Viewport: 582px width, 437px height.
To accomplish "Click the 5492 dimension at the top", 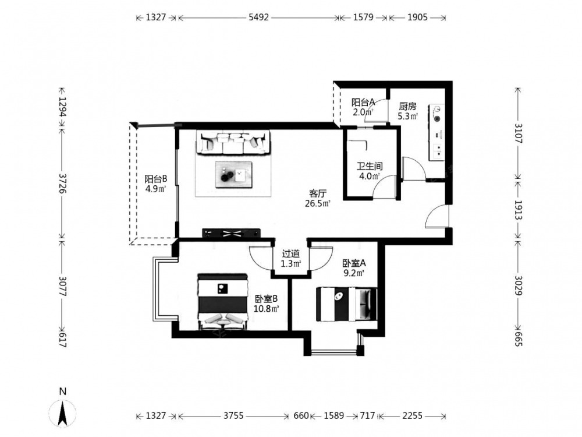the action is (x=258, y=17).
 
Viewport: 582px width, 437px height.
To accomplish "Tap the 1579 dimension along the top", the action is (x=363, y=17).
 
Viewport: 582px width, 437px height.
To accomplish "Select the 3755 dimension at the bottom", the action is (x=233, y=415).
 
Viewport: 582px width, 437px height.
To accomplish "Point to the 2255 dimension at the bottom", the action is (x=412, y=415).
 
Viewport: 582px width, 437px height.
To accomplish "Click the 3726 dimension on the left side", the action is (x=62, y=183).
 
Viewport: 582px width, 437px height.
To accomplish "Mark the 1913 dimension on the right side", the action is (x=518, y=210).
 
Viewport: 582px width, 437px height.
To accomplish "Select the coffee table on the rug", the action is (x=234, y=174).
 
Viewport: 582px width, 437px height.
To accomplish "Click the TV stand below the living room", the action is (x=231, y=234).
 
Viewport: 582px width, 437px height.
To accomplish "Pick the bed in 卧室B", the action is (x=222, y=302).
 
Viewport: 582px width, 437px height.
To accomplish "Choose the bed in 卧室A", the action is (x=346, y=304).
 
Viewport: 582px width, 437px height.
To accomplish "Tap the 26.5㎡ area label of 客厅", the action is (x=318, y=203).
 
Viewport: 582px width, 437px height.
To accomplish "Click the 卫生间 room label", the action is (x=370, y=166).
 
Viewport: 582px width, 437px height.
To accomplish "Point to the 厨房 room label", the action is (x=407, y=107).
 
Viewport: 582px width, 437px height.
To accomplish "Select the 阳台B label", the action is (x=156, y=179).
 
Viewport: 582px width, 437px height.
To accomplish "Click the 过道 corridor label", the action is (x=290, y=254).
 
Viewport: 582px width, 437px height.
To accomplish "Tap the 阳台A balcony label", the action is (x=363, y=102).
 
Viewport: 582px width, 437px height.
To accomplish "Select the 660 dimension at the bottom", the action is (x=301, y=415).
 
